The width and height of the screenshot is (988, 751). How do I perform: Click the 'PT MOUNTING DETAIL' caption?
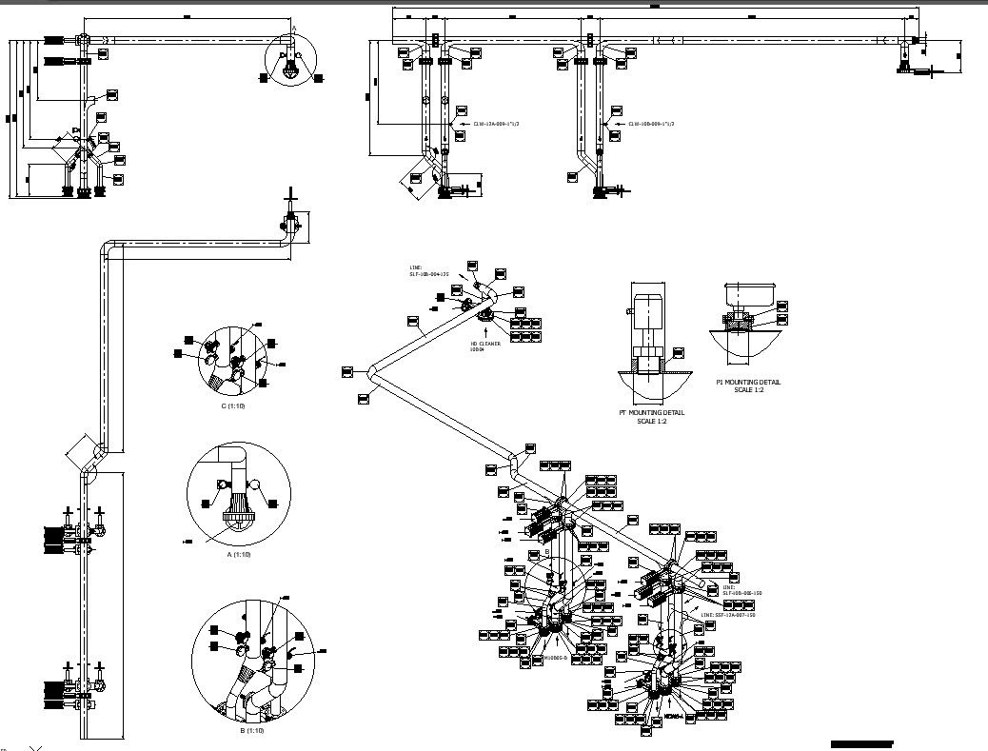pyautogui.click(x=652, y=412)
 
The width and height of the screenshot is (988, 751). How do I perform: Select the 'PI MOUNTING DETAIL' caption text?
pyautogui.click(x=748, y=382)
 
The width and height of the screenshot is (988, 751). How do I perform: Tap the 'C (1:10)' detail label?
pyautogui.click(x=233, y=405)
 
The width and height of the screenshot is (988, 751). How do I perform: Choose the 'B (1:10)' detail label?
pyautogui.click(x=252, y=730)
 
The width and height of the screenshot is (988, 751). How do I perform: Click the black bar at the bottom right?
pyautogui.click(x=861, y=742)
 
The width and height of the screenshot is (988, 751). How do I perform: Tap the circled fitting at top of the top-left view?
pyautogui.click(x=289, y=56)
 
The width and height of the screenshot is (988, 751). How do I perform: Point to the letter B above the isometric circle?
pyautogui.click(x=547, y=551)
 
